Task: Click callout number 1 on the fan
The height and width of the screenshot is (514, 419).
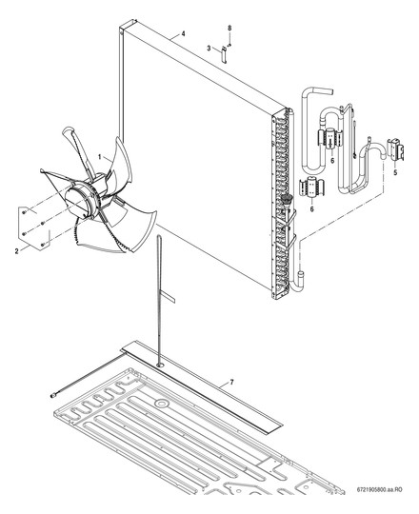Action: click(x=99, y=157)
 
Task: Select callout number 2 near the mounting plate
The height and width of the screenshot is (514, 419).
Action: click(x=17, y=251)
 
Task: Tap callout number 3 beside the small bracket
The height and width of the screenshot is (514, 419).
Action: click(x=209, y=49)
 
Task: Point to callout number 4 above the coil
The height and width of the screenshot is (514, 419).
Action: click(x=183, y=33)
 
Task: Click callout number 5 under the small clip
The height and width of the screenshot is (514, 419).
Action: click(x=395, y=172)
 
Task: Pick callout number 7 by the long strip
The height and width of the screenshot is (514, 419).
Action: click(x=231, y=382)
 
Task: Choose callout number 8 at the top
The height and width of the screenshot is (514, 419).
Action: click(x=229, y=29)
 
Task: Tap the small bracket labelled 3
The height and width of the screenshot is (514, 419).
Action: click(x=224, y=54)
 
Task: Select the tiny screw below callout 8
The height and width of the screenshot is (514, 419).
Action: click(x=229, y=45)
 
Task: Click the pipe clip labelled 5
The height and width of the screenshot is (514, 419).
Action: click(x=395, y=150)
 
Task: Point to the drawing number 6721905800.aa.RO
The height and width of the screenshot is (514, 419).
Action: click(x=380, y=490)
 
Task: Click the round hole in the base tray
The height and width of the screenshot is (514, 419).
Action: click(x=161, y=403)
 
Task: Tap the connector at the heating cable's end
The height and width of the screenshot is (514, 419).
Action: click(x=53, y=396)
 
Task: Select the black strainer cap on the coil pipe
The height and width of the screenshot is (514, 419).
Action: click(x=287, y=199)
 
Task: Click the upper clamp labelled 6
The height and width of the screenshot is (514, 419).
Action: click(x=330, y=139)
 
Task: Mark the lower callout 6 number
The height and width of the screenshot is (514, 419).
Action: click(x=311, y=208)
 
